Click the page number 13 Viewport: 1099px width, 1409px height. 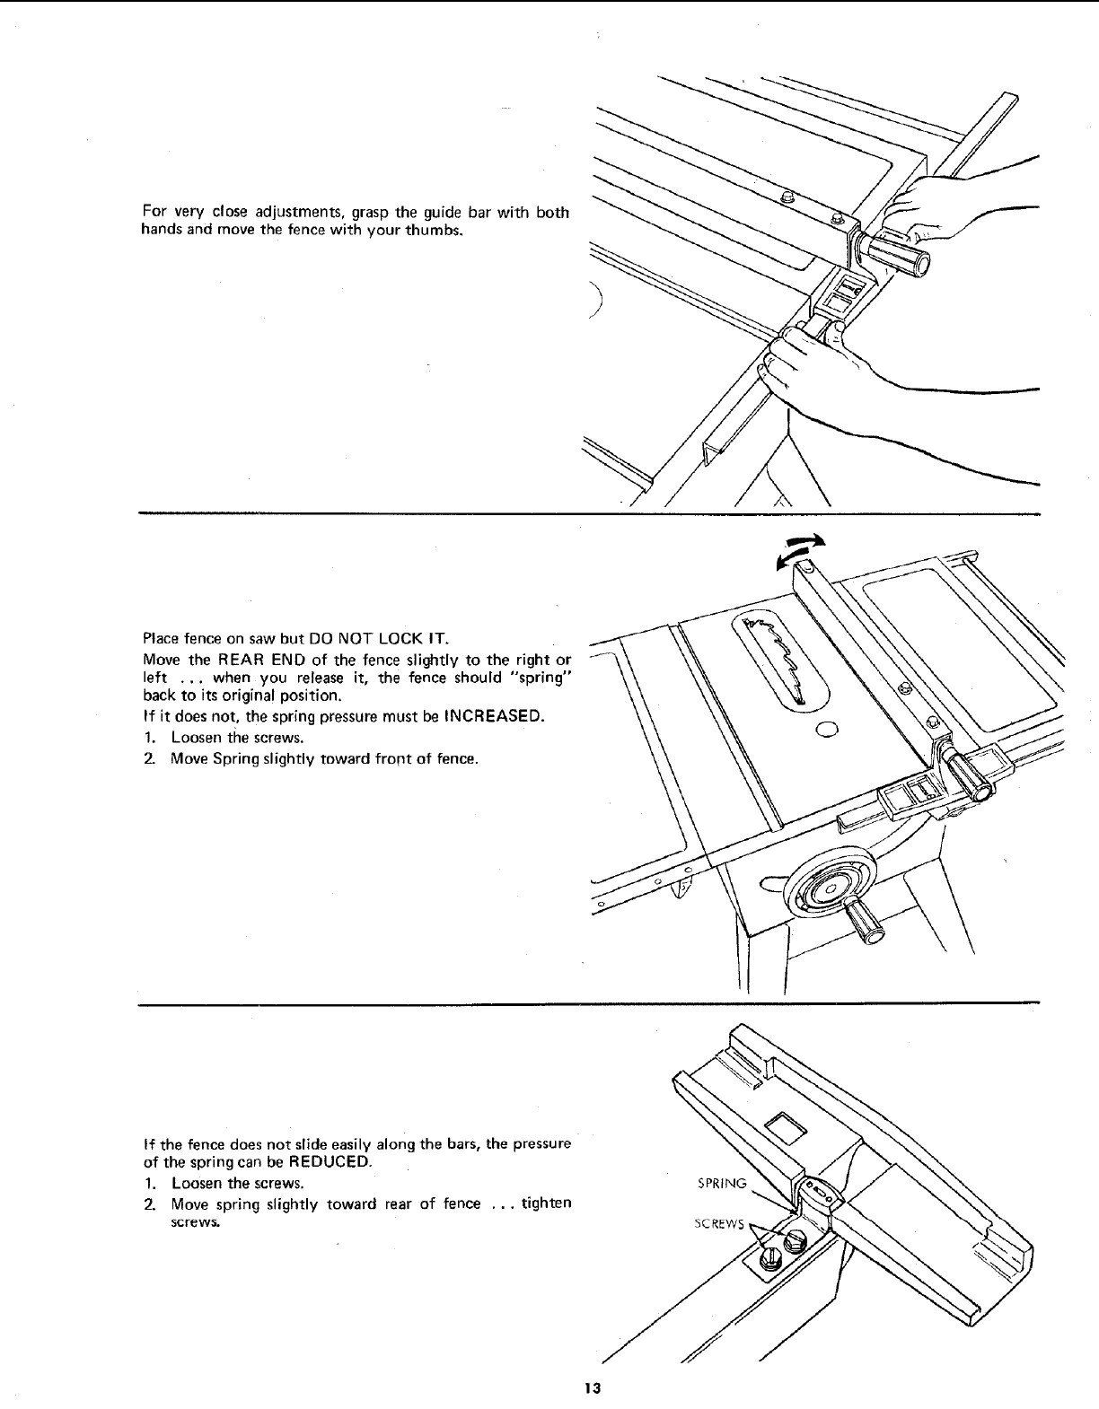click(x=592, y=1387)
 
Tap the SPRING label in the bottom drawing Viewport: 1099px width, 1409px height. click(x=722, y=1183)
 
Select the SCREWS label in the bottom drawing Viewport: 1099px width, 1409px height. click(x=718, y=1226)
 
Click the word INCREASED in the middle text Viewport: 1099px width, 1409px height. click(x=491, y=716)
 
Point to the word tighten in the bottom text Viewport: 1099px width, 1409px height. click(x=546, y=1203)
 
